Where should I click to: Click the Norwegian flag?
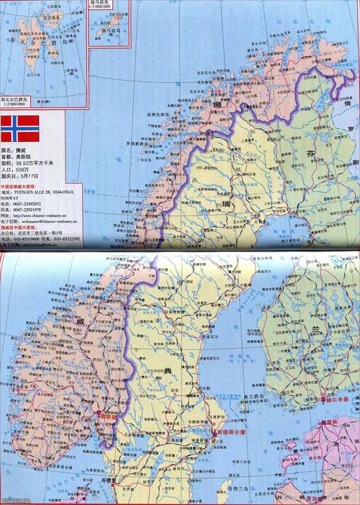pos(19,128)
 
